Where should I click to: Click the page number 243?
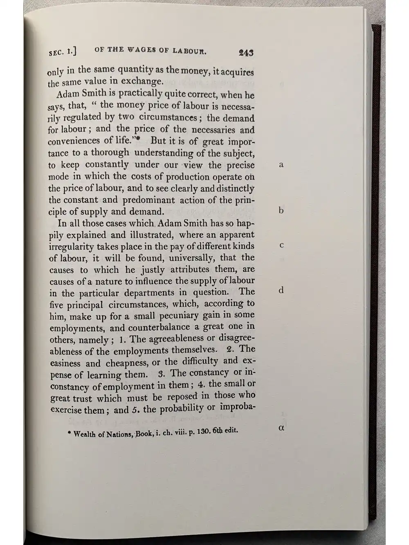tap(246, 53)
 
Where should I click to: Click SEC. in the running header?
tap(57, 52)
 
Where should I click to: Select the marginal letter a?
tap(281, 165)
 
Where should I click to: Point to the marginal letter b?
tap(281, 211)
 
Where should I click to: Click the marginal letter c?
tap(281, 245)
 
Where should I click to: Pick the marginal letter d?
tap(281, 290)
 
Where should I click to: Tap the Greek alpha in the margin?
tap(281, 428)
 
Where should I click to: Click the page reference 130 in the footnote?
tap(202, 432)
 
